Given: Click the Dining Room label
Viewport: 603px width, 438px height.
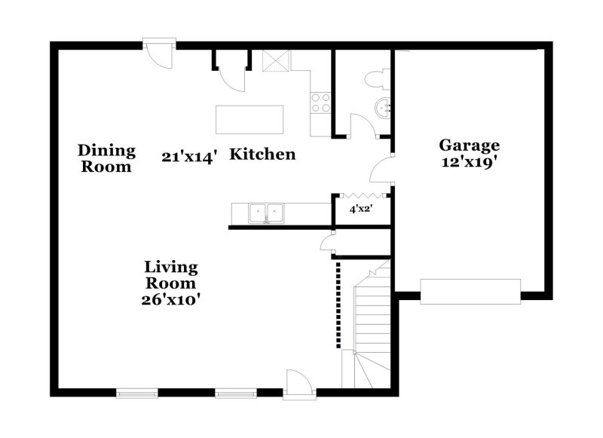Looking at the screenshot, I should click(x=106, y=158).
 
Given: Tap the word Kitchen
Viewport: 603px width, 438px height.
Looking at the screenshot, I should click(x=262, y=155).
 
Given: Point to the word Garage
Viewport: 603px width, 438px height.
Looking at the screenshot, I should click(x=469, y=145).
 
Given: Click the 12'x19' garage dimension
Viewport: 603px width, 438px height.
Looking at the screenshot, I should click(x=469, y=162).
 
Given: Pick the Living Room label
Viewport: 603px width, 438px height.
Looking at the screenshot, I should click(x=171, y=275).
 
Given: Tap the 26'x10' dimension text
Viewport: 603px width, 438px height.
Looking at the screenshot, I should click(x=171, y=299).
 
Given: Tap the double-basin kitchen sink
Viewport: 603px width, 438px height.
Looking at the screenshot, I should click(x=265, y=213).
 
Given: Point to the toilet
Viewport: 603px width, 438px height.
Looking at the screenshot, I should click(x=375, y=78).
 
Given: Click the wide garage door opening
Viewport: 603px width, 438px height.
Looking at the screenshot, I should click(x=470, y=290).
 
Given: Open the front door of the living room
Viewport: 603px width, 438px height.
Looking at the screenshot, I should click(x=296, y=384).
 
